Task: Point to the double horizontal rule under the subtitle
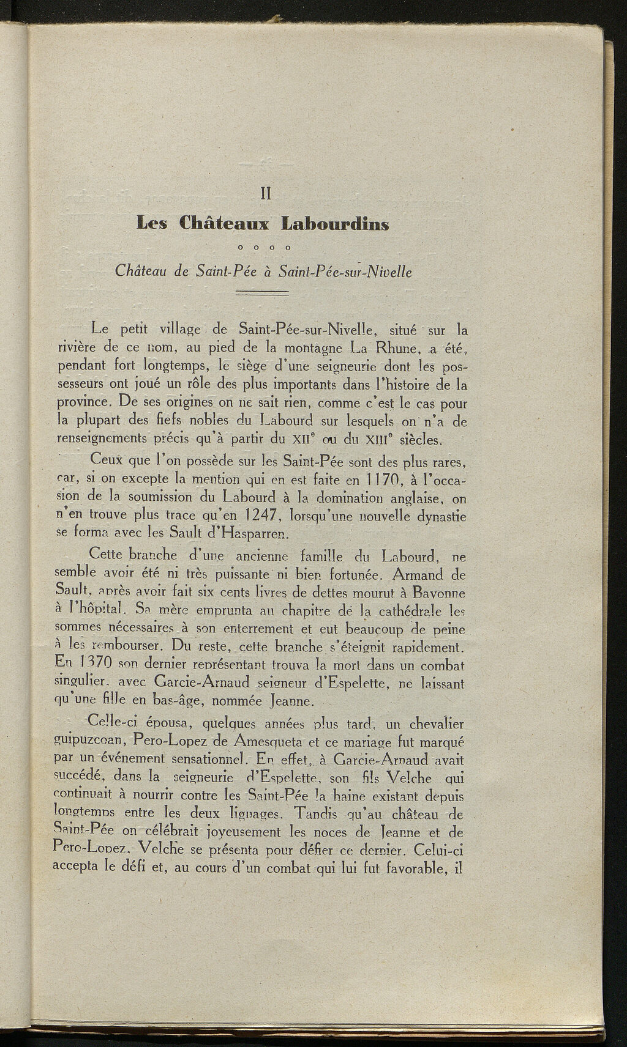(x=262, y=294)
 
